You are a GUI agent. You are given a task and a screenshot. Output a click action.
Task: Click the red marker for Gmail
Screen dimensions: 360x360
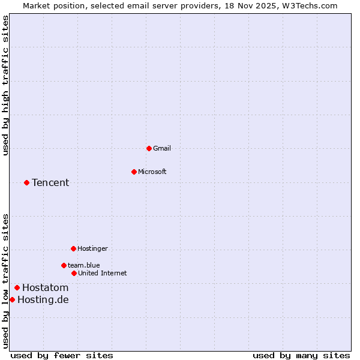[149, 148]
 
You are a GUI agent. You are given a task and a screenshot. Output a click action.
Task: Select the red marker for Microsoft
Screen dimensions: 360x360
[134, 172]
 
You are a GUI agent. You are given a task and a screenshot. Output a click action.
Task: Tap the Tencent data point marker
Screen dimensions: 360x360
[26, 182]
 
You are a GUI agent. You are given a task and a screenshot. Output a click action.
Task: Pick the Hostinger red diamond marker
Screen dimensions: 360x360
[73, 248]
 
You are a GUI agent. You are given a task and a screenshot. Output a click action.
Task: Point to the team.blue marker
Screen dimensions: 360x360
[64, 265]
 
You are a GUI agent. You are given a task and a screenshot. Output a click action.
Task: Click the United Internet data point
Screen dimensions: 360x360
[74, 273]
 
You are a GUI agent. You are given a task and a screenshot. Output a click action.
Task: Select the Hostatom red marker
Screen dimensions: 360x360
[17, 287]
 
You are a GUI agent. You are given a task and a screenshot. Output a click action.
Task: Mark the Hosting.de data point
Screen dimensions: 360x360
[12, 299]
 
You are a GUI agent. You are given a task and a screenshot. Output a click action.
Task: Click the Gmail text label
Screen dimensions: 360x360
[162, 148]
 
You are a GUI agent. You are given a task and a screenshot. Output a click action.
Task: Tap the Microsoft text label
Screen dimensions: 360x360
[152, 172]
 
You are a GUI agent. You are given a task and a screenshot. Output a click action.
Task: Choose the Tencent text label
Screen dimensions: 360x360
[50, 182]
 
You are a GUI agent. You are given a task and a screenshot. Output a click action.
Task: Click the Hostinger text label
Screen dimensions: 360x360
[92, 248]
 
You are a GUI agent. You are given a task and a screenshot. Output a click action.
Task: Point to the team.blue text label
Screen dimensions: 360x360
[84, 265]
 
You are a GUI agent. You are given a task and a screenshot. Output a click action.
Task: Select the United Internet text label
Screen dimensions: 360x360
[102, 273]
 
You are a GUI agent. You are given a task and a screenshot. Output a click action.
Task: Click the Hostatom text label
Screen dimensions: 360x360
[46, 287]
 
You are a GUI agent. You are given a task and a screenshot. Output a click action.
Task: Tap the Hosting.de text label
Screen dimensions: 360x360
[43, 299]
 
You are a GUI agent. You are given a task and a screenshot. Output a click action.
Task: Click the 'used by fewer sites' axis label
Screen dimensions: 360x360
[62, 355]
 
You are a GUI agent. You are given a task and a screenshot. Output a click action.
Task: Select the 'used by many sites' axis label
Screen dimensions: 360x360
[301, 355]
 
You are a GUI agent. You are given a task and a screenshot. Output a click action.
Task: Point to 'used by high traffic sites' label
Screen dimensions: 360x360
[5, 85]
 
